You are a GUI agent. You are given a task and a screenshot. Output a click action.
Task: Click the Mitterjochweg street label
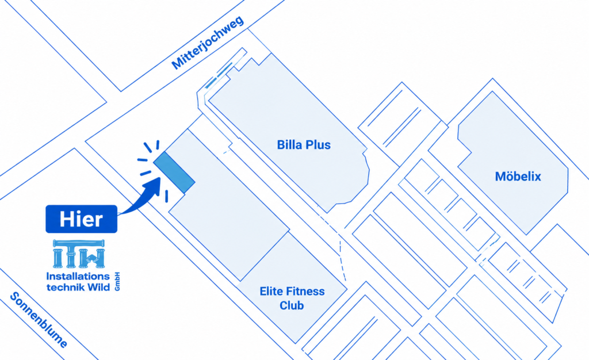208,43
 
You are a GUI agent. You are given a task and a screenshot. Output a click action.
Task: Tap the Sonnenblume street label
39,320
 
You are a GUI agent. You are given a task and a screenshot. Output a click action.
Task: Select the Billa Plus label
304,145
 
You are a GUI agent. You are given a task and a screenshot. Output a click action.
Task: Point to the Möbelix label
518,176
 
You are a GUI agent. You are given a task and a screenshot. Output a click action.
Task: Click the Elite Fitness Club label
292,298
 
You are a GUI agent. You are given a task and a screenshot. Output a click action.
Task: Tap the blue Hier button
82,219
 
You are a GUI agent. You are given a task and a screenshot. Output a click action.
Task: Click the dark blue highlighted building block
174,173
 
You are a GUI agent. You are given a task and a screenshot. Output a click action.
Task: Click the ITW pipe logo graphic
79,254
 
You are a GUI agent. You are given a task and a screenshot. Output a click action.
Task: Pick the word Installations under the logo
78,276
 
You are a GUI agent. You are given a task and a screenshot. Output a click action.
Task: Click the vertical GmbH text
117,281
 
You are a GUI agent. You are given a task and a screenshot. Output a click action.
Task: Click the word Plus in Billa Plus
319,145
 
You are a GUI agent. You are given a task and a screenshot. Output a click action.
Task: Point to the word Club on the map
292,305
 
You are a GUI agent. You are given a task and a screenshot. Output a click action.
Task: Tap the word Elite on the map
270,292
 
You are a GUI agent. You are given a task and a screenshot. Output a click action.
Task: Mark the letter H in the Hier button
66,219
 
